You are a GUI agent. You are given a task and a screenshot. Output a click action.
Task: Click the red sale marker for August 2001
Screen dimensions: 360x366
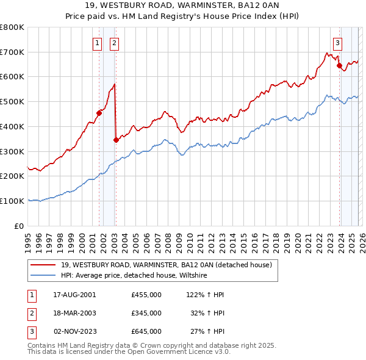[99, 112]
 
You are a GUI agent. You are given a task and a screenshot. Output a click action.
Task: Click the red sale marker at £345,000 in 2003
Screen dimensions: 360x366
[116, 140]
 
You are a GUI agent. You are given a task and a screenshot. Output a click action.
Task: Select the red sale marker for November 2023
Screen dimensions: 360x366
[339, 65]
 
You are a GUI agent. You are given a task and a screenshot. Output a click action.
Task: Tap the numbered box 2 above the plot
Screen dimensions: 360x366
[115, 43]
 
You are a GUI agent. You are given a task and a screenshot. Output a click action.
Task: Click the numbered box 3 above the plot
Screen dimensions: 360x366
[337, 43]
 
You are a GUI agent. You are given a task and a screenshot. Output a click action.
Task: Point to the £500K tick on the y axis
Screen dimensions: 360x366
[12, 101]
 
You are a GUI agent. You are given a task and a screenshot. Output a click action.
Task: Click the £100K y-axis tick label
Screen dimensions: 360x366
[12, 201]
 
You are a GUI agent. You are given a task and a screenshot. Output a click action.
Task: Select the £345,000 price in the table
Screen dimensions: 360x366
[146, 313]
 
